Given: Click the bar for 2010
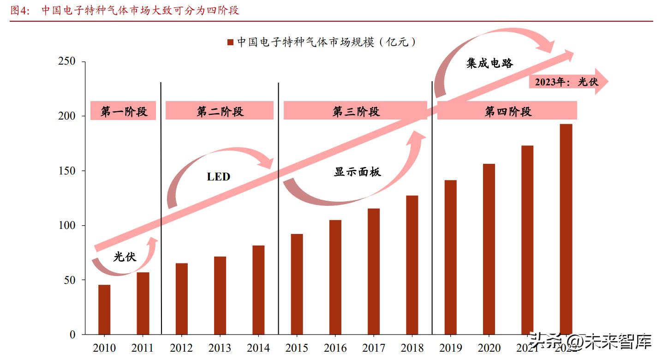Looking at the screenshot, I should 104,310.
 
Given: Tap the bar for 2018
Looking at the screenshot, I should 412,265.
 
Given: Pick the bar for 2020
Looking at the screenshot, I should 489,249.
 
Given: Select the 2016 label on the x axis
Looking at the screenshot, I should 335,348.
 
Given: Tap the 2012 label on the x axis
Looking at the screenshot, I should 181,348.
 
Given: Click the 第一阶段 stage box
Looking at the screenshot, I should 123,111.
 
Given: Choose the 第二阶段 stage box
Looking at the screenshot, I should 220,111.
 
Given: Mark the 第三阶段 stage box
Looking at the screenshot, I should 355,111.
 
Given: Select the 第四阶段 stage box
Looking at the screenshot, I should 507,111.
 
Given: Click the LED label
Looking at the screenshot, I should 218,176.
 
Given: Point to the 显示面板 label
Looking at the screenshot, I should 358,172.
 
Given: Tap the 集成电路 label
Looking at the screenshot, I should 489,63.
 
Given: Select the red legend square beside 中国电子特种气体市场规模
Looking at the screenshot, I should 230,42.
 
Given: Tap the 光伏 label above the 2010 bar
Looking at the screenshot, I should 125,257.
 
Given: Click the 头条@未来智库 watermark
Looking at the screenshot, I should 590,342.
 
